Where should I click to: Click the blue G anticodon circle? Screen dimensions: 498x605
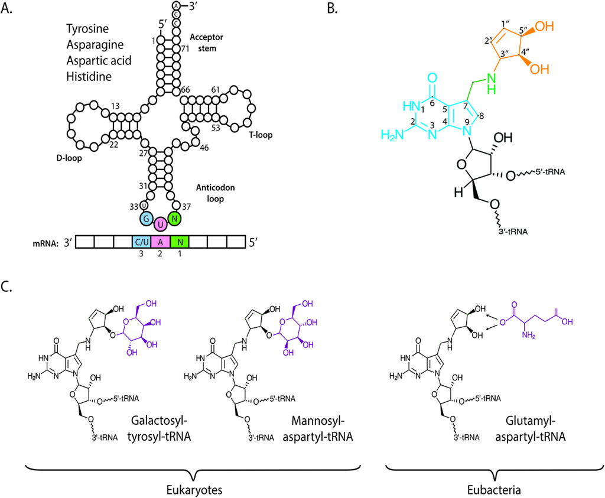click(x=144, y=219)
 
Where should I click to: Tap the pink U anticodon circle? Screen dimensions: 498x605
click(x=160, y=224)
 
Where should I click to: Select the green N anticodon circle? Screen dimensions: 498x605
click(x=174, y=219)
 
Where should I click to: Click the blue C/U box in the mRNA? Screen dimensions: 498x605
click(x=142, y=242)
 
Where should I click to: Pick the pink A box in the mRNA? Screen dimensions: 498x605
click(x=160, y=242)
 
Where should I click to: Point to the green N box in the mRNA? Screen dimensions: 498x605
click(x=179, y=242)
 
